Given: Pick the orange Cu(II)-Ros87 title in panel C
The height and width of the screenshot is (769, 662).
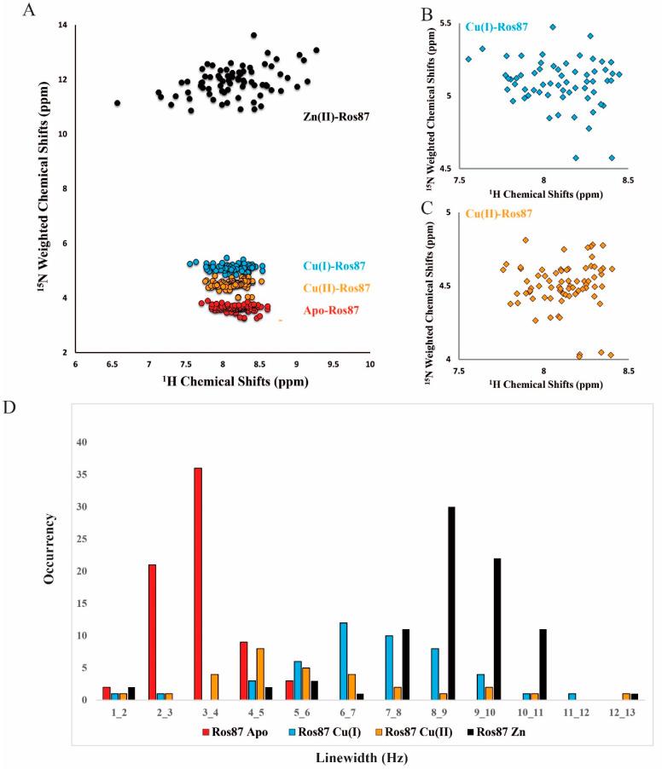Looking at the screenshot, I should click(499, 213).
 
